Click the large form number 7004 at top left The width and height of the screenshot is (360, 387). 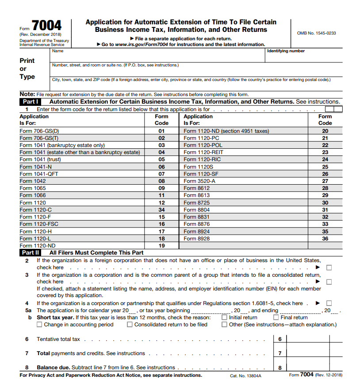pos(46,26)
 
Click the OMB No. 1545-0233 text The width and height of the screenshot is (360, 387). pos(316,33)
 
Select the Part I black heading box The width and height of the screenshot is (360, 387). pos(31,101)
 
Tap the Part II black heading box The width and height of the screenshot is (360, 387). pos(31,253)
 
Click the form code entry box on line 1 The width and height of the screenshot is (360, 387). pos(333,109)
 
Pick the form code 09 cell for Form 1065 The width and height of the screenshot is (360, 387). pos(161,188)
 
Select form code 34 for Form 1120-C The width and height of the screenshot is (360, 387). pos(161,210)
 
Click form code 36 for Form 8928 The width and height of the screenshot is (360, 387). pos(325,239)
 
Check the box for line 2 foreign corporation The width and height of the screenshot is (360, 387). pos(329,267)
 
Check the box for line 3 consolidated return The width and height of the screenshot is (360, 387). pos(329,282)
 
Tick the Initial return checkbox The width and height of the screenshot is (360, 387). pos(225,317)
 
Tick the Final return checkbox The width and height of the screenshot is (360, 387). pos(276,317)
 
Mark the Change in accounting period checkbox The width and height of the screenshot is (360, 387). pos(40,325)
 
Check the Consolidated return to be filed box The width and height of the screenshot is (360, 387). pos(130,325)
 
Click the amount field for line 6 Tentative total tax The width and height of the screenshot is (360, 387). pos(307,339)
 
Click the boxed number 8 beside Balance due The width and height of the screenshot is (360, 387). pos(280,368)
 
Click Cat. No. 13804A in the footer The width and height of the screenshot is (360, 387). pos(245,375)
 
